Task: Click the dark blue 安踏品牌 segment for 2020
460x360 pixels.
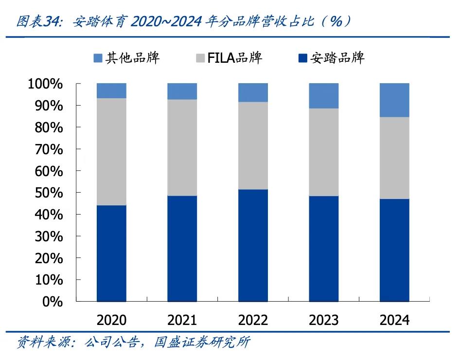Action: pos(111,253)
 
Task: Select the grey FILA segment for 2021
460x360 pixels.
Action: pos(182,147)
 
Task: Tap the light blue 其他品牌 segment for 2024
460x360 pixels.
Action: pos(394,100)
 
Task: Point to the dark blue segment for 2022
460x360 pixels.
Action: pos(253,245)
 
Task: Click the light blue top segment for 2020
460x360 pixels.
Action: pos(111,90)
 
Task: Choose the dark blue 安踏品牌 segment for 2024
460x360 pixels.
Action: pos(394,250)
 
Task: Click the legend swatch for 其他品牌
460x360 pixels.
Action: pos(98,58)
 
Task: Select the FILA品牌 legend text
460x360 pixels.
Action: pos(235,58)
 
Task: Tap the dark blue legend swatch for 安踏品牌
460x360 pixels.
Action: pos(302,58)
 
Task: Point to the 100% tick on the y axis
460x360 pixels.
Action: pos(45,84)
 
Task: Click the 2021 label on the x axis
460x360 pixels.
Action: pos(182,320)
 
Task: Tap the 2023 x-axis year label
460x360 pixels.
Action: pos(324,320)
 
